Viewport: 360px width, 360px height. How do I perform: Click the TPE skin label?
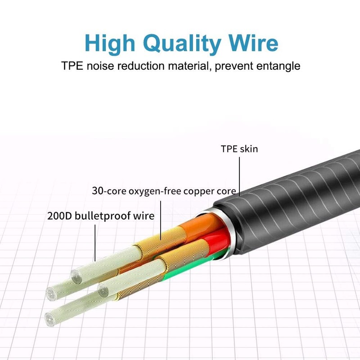(239, 149)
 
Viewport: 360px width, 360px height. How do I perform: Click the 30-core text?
(109, 190)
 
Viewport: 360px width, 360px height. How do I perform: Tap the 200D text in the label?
(59, 216)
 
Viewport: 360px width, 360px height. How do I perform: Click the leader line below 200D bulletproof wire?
(95, 243)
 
